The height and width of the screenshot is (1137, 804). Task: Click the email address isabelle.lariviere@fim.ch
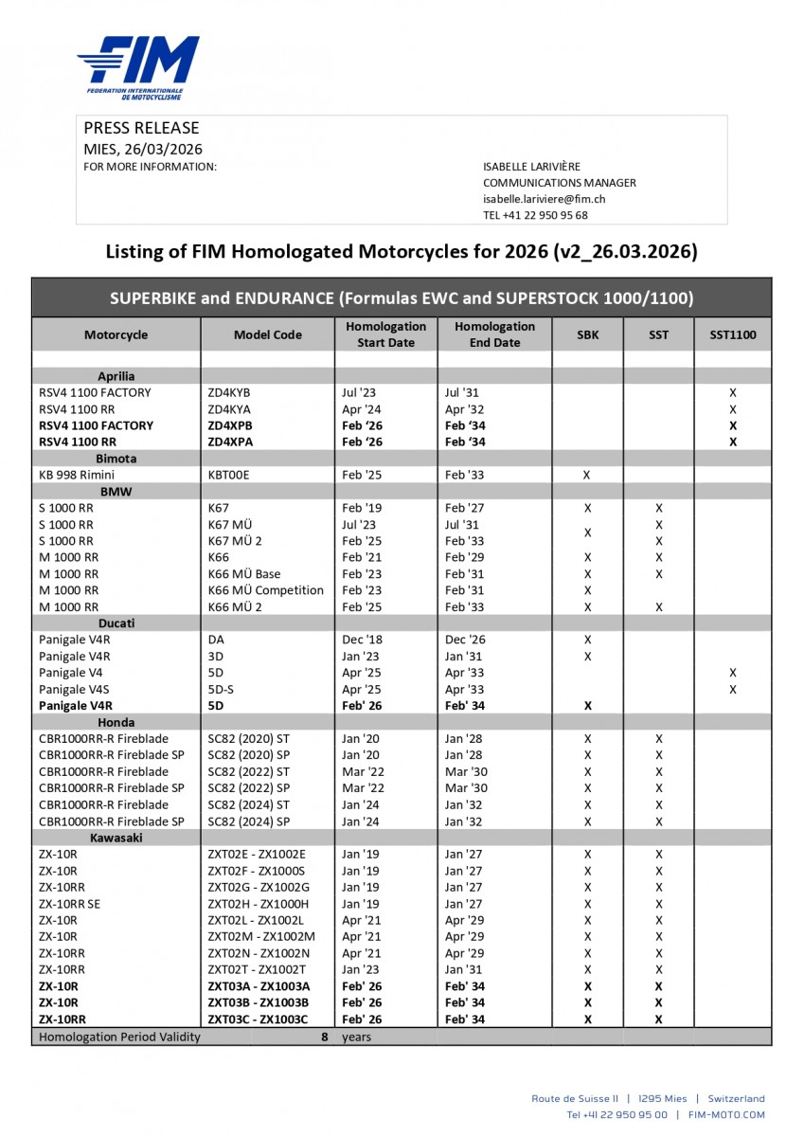544,199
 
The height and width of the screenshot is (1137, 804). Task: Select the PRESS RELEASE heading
141,128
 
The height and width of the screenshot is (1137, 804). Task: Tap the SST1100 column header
732,334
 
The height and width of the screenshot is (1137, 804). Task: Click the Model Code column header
267,334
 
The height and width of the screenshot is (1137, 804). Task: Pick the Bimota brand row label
116,459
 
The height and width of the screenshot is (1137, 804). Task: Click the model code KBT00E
229,475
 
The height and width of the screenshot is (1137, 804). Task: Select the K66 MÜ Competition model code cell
265,590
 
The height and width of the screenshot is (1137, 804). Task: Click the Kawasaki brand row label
116,839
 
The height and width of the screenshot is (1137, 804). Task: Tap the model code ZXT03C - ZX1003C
258,1020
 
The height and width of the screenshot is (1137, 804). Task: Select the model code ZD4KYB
229,392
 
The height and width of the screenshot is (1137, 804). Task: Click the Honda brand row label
116,722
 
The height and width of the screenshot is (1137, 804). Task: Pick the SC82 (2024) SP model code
248,821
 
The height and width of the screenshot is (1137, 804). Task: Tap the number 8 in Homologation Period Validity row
324,1037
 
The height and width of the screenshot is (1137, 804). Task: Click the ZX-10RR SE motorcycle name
69,904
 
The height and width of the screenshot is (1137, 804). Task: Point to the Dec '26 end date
466,640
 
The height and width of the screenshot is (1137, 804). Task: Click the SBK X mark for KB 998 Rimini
587,475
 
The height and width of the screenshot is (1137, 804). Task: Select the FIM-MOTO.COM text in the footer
726,1115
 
